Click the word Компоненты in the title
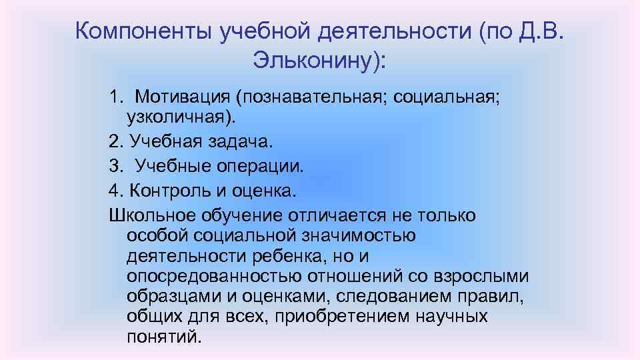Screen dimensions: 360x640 pyautogui.click(x=143, y=31)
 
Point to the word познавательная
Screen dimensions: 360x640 pyautogui.click(x=311, y=98)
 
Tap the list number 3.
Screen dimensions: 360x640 pyautogui.click(x=115, y=165)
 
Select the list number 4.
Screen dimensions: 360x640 pyautogui.click(x=115, y=190)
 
